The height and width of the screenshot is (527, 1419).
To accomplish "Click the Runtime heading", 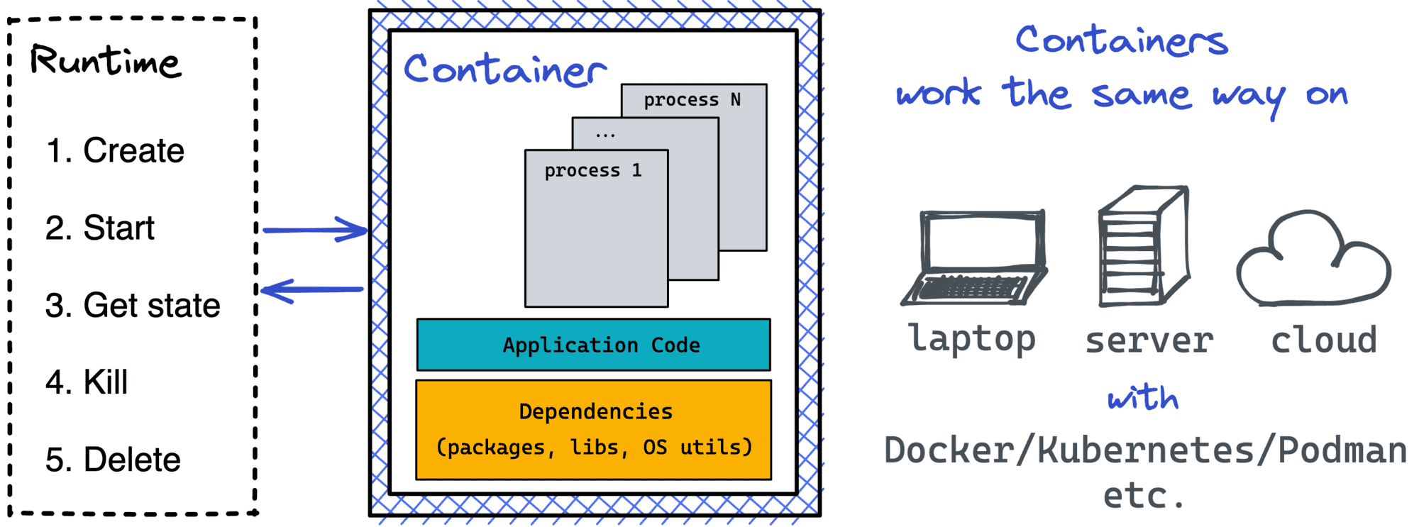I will [x=105, y=61].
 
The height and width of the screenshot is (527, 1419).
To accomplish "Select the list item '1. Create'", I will [x=115, y=150].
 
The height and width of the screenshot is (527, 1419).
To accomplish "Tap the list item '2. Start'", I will [x=99, y=228].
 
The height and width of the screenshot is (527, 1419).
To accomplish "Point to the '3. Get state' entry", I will [x=133, y=305].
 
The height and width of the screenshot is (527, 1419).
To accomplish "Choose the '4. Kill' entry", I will [x=87, y=382].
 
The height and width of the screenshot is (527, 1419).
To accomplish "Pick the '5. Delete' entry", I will [x=113, y=460].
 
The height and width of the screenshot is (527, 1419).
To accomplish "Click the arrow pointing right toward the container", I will [x=315, y=230].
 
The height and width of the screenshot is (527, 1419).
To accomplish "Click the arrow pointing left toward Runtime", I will [x=312, y=289].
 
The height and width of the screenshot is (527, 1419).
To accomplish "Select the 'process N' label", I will [x=692, y=100].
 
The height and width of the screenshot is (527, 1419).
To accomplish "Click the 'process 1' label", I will [x=593, y=170].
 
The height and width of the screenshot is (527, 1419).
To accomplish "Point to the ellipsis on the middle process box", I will [x=605, y=134].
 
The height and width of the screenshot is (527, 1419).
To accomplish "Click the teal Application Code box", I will [x=594, y=345].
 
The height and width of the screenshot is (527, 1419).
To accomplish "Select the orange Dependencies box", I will [x=594, y=430].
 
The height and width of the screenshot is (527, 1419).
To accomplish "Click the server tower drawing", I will [x=1142, y=246].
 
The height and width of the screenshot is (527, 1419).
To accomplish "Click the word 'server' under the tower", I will [x=1149, y=341].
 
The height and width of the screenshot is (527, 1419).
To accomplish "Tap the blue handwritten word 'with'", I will [x=1143, y=398].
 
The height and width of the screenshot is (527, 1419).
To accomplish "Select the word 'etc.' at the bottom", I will [x=1143, y=495].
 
